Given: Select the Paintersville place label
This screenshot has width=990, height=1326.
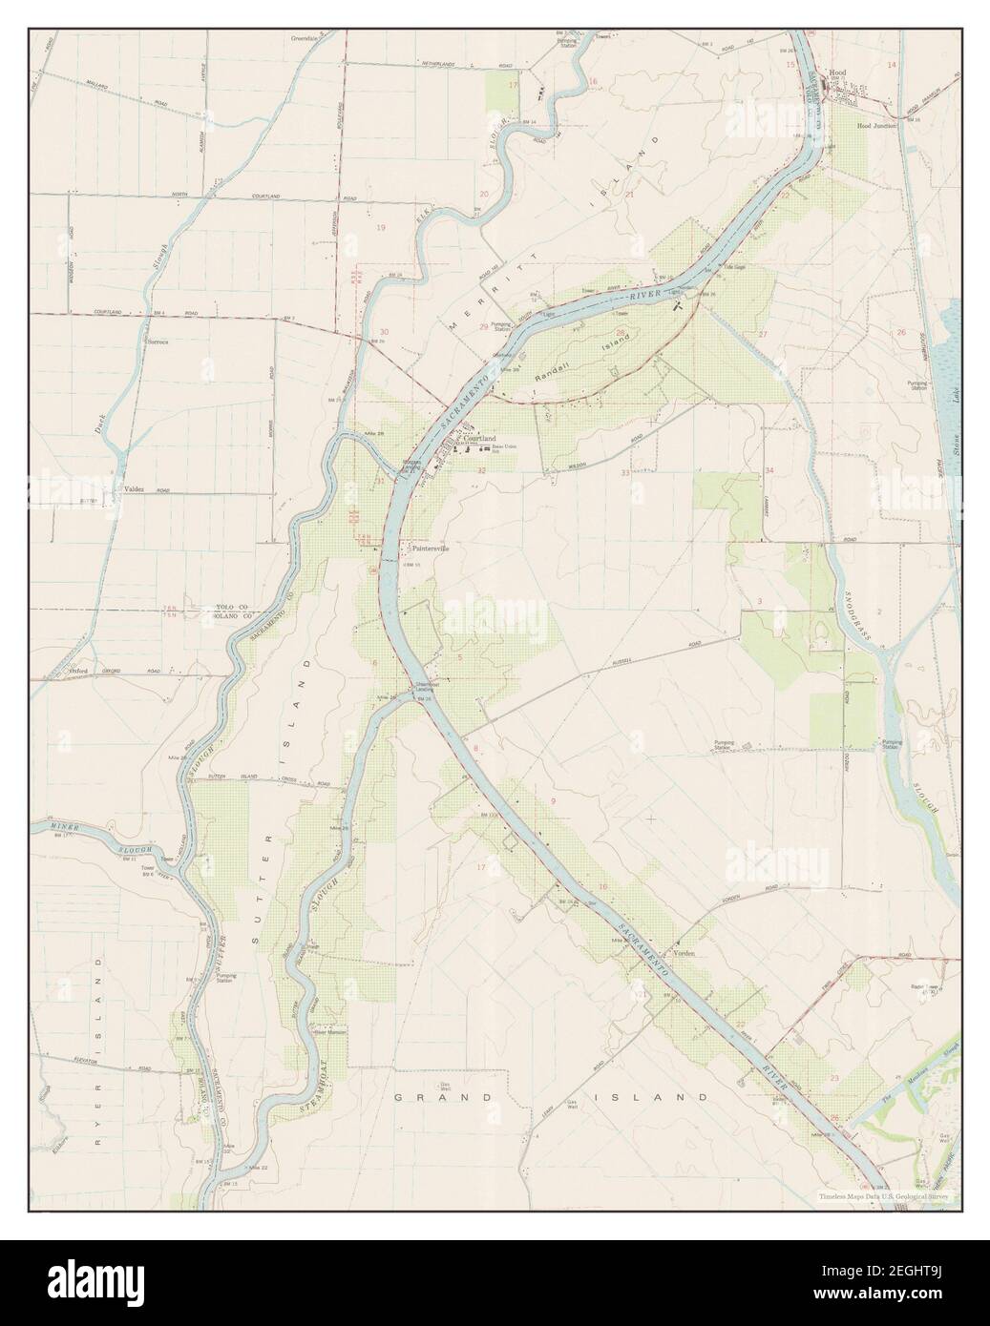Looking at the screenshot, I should pos(429,549).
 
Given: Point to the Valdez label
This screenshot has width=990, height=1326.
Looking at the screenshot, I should pos(133,488).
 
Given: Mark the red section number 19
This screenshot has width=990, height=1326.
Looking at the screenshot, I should pos(381,228).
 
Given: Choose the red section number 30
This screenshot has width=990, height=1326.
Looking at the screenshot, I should pos(384,332).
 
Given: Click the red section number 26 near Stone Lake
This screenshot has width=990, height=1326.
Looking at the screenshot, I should pos(900,332).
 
